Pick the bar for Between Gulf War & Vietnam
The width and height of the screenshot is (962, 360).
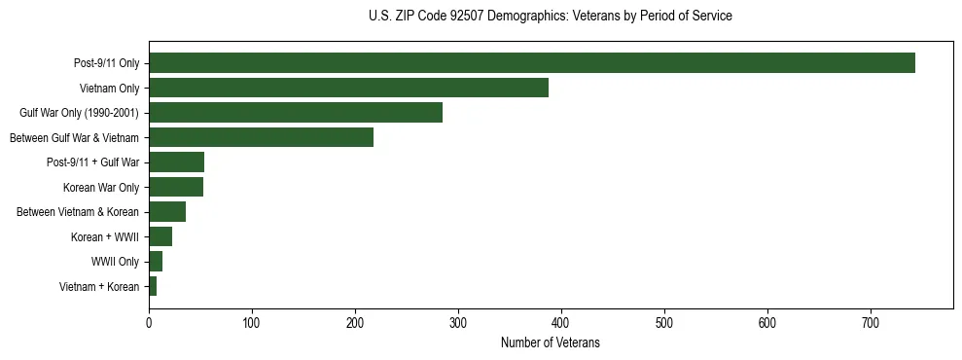261,137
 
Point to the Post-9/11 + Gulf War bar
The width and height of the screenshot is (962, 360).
176,162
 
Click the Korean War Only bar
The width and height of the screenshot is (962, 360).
175,187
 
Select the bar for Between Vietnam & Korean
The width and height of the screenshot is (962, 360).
167,212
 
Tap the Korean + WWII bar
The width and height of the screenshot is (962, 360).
160,236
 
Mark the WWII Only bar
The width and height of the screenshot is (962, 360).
156,262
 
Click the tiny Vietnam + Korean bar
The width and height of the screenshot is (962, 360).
153,286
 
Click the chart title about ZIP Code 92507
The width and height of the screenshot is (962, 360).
551,17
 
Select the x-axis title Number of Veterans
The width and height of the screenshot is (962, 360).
551,343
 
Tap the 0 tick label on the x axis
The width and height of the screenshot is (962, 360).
149,322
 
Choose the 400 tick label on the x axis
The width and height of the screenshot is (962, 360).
561,322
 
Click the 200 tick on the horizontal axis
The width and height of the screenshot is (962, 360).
355,322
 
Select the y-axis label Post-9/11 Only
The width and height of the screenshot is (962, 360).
106,64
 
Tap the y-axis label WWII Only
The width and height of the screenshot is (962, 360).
115,262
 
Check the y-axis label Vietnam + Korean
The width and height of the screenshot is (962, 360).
99,287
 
